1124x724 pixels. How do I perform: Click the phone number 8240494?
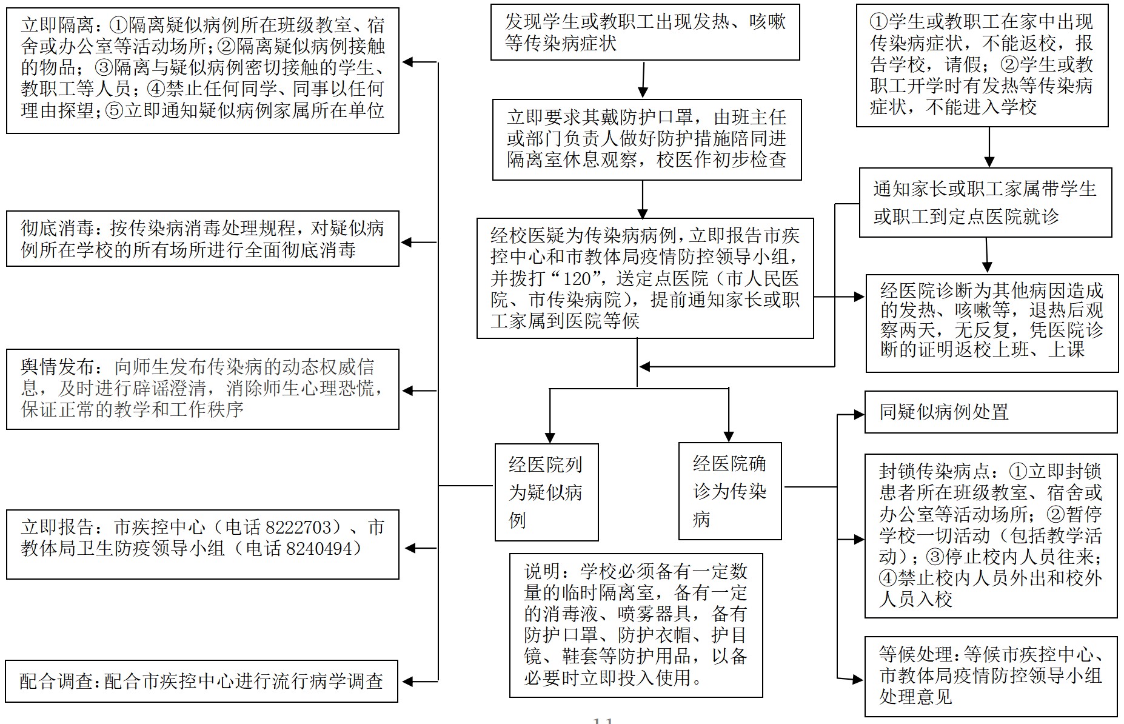[x=319, y=549]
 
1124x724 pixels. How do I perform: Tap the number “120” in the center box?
[x=577, y=278]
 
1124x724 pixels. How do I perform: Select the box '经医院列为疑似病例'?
[x=546, y=492]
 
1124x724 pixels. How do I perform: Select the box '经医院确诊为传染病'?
[x=730, y=491]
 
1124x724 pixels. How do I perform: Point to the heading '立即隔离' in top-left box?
[x=57, y=25]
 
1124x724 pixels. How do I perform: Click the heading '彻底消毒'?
[x=57, y=229]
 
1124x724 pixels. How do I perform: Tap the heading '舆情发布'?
[x=57, y=367]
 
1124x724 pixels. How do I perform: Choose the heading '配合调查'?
[x=56, y=682]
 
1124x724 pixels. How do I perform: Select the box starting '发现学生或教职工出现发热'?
[x=644, y=33]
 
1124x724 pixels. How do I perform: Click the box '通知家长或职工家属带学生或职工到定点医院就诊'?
[x=985, y=203]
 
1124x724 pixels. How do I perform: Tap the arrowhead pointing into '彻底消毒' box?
[x=407, y=243]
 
